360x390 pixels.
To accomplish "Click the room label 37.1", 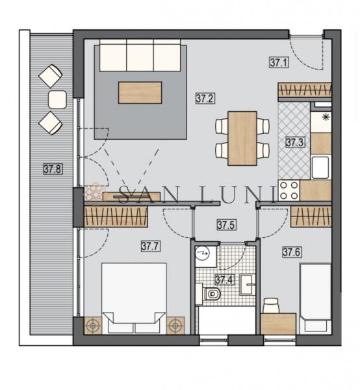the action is coord(279,62).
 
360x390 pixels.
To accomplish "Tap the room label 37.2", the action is coord(205,98).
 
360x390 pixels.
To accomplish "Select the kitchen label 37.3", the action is coord(295,142).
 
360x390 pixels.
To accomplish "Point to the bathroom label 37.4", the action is coord(224,279).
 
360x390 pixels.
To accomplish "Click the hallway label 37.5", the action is coord(226,225).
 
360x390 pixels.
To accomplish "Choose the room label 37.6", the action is coord(292,252).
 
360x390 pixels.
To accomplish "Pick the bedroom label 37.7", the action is coord(150,246).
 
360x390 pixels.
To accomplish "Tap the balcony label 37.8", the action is coord(53,169).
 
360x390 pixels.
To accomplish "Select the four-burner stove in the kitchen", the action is coord(289,190).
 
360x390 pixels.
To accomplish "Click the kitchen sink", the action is coord(320,168).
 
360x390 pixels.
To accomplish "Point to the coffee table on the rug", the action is coord(140,92).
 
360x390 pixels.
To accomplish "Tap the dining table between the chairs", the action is coord(242,138).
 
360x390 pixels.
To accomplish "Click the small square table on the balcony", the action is coord(57,99).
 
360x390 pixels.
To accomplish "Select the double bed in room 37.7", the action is coord(134,298).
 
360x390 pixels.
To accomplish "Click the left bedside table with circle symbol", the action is coord(93,326).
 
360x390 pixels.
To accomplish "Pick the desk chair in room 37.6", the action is coord(271,305).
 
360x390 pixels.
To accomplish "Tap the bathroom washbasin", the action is coord(248,285).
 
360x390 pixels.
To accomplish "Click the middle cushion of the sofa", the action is coord(140,55).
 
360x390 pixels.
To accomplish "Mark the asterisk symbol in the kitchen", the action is coord(325,117).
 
